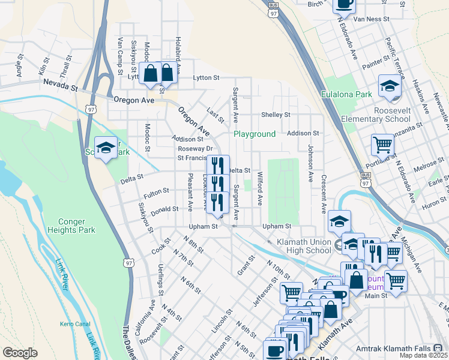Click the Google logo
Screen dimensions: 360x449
coord(20,353)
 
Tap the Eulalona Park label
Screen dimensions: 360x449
coord(346,94)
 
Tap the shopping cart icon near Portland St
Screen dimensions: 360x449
coord(382,145)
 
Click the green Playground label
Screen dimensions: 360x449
coord(255,134)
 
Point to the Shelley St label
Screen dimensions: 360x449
coord(276,115)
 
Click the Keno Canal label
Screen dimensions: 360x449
coord(74,324)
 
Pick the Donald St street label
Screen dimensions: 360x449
coord(165,210)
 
